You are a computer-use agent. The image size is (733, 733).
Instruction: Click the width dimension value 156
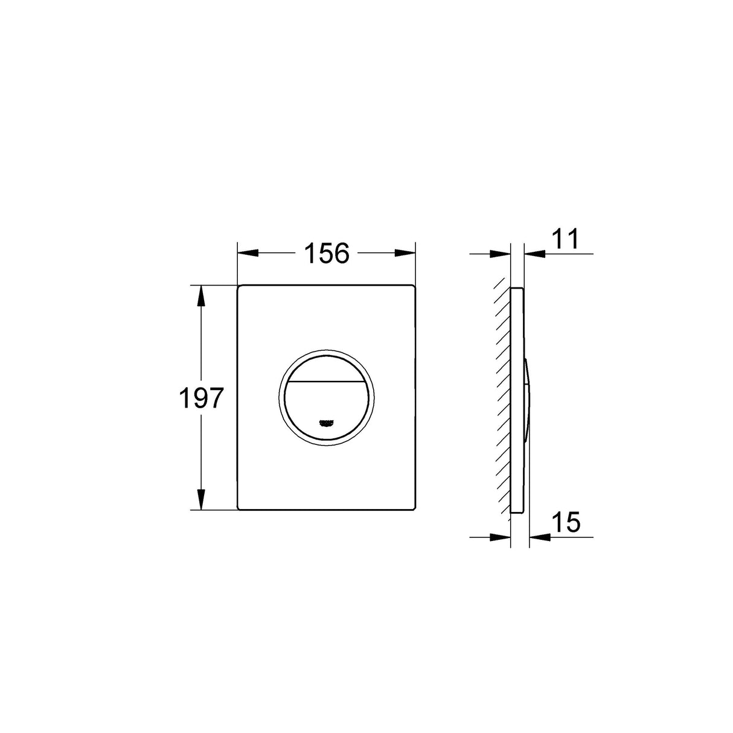pos(326,254)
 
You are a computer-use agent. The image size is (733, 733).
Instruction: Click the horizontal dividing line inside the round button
pos(326,380)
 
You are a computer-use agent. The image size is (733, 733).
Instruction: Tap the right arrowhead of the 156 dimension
pos(408,254)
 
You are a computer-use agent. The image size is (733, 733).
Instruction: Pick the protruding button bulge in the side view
pos(527,399)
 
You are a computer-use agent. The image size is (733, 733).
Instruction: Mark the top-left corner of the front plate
pos(239,286)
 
